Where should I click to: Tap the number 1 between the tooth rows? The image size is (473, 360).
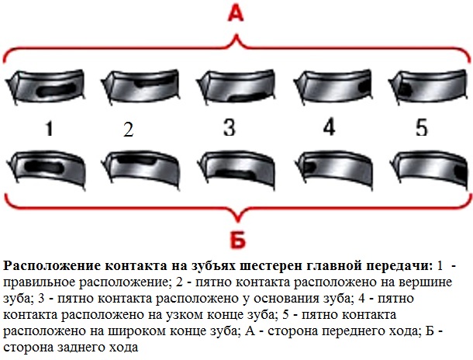tap(48, 130)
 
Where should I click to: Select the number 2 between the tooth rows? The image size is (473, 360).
tap(129, 130)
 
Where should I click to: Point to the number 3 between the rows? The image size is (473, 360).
tap(228, 126)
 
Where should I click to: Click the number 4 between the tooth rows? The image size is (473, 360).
tap(329, 128)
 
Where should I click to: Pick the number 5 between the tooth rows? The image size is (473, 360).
tap(421, 128)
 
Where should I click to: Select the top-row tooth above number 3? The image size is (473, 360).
tap(233, 85)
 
